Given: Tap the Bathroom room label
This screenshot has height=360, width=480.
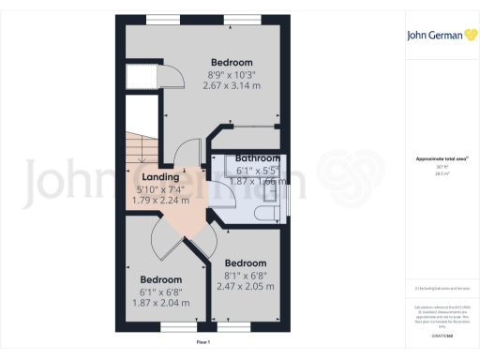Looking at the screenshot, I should pos(258,158).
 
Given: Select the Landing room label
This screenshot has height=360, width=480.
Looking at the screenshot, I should pos(161,176).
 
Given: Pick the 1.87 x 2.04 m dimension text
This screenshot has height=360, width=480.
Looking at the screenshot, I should pos(160,302).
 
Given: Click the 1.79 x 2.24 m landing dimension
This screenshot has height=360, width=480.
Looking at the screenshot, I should pos(161,200).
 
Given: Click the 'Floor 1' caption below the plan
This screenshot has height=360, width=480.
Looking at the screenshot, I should pos(202,343).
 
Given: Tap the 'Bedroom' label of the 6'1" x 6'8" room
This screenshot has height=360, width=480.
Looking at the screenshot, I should pos(160,279).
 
